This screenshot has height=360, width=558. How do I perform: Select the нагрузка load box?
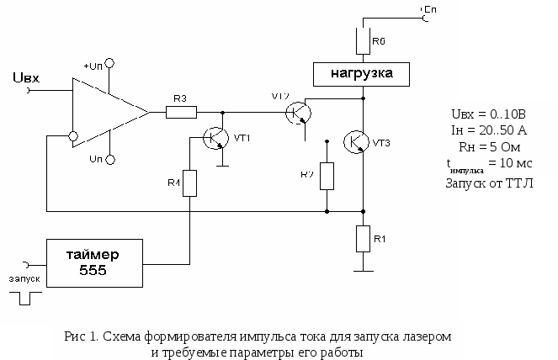tap(363, 73)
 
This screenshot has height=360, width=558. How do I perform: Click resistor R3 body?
tap(181, 111)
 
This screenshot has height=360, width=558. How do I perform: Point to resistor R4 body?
tap(189, 183)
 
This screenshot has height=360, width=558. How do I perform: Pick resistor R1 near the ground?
tap(364, 238)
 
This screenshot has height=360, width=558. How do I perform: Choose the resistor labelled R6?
tap(364, 40)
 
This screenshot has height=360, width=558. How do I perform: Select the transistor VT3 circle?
tap(359, 141)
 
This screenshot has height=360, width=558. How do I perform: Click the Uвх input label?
tap(27, 79)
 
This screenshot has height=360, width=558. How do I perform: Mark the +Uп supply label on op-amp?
tap(93, 65)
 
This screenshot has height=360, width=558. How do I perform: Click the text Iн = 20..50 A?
tap(489, 130)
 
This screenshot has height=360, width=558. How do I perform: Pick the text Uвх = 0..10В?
tap(489, 114)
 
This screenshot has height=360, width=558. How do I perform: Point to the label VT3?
tap(381, 143)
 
